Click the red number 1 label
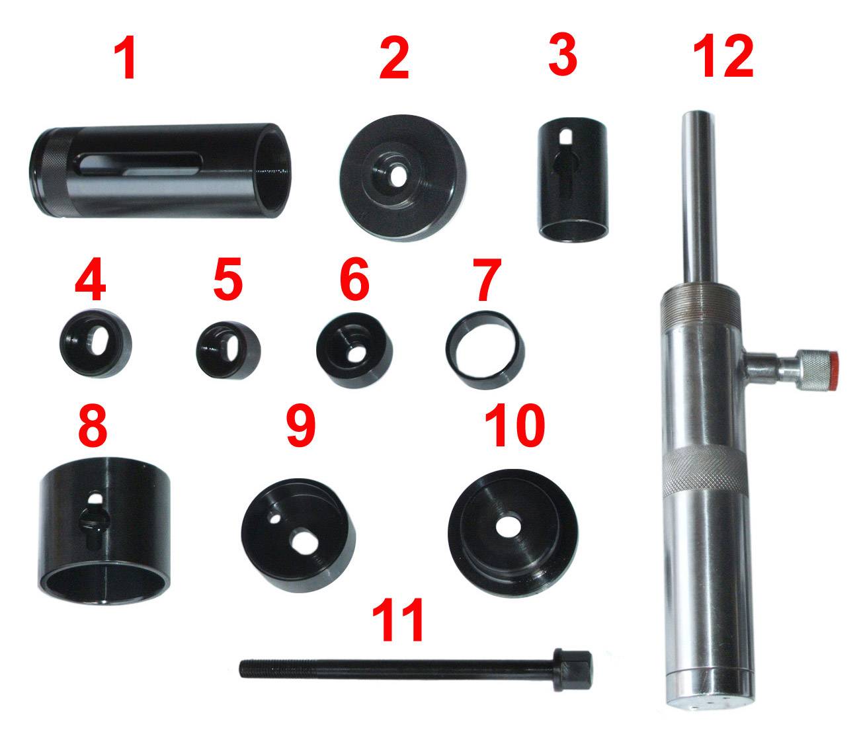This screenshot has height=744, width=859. tap(124, 58)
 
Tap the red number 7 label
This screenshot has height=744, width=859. tap(486, 280)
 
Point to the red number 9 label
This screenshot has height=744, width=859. tap(301, 426)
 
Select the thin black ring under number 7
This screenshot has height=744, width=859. tap(485, 350)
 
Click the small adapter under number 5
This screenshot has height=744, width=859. tap(228, 351)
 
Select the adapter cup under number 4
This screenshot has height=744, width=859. tap(96, 343)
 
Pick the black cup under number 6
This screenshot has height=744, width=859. tap(354, 350)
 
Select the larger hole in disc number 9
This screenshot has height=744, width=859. tap(304, 541)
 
